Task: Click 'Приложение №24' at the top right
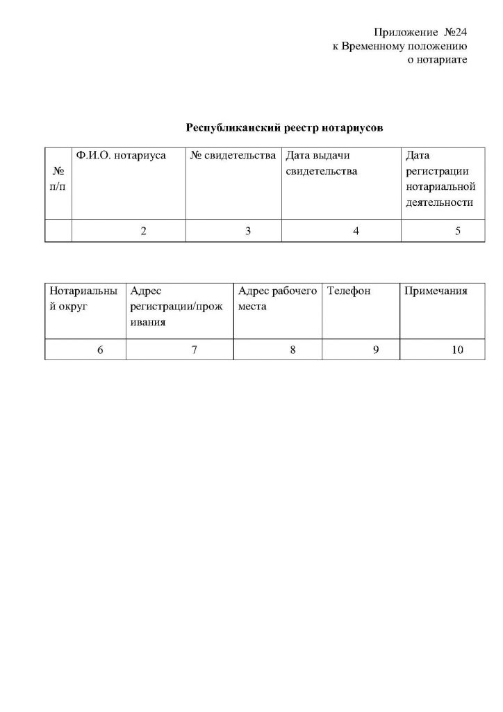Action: coord(420,33)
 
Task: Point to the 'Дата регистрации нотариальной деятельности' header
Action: coord(439,179)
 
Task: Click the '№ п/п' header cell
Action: coord(58,180)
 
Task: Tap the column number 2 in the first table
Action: coord(143,232)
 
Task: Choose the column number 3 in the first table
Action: coord(248,232)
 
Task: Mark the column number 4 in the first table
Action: coord(356,232)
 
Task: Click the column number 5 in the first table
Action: coord(458,232)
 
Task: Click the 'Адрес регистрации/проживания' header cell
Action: coord(176,307)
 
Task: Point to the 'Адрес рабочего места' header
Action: coord(277,298)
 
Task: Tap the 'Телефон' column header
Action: coord(349,291)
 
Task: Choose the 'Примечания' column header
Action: coord(436,291)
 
